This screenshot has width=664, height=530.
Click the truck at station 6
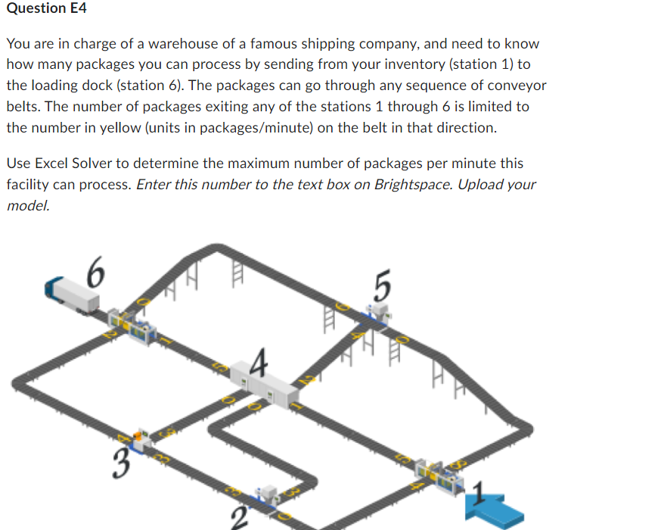[x=73, y=295]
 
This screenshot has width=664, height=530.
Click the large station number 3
[x=119, y=463]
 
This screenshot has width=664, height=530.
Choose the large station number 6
[x=95, y=271]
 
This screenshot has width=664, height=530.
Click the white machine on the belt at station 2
[x=268, y=493]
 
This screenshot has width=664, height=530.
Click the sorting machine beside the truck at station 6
[x=133, y=326]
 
